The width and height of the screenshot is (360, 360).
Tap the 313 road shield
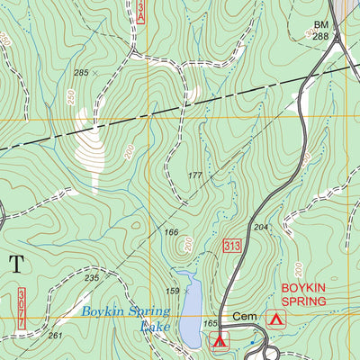[x=231, y=246]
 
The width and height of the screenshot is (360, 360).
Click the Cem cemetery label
[x=245, y=318]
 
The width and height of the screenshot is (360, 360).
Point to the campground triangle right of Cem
[x=277, y=319]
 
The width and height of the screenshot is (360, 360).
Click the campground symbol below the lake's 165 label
[x=219, y=339]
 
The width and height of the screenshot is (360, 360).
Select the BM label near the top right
[x=321, y=25]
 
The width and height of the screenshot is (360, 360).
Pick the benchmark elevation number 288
[x=321, y=38]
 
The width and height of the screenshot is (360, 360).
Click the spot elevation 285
[x=82, y=72]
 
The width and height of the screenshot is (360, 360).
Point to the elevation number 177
[x=195, y=175]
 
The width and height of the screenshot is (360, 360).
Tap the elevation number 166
[x=171, y=233]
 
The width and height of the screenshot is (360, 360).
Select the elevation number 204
[x=261, y=228]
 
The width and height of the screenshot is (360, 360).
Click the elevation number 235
[x=92, y=278]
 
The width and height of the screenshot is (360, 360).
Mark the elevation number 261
[x=55, y=336]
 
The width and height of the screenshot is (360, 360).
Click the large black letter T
[x=16, y=264]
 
